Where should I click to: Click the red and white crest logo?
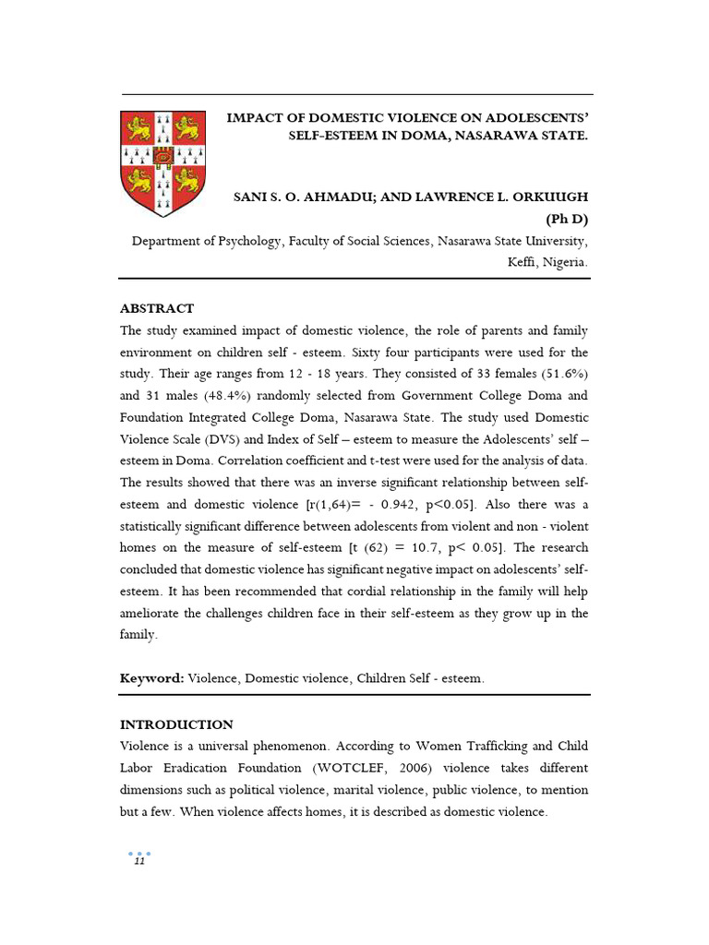163,161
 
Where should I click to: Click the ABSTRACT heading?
157,308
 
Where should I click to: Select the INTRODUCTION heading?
176,724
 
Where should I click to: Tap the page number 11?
139,862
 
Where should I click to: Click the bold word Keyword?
152,678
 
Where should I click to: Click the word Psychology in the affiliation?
243,241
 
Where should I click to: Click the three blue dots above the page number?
138,853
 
